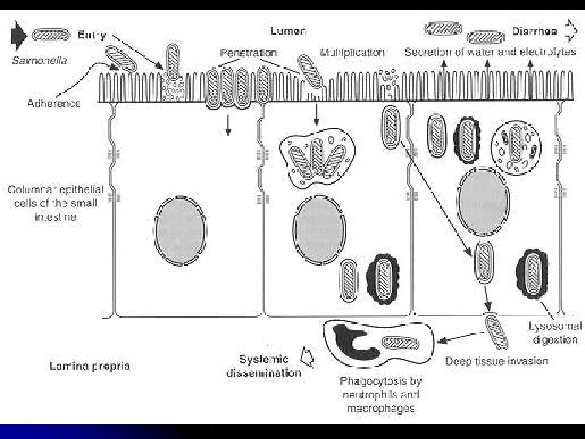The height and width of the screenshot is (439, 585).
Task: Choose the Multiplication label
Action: pyautogui.click(x=352, y=53)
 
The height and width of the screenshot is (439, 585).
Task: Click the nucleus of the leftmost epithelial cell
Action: pyautogui.click(x=180, y=232)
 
